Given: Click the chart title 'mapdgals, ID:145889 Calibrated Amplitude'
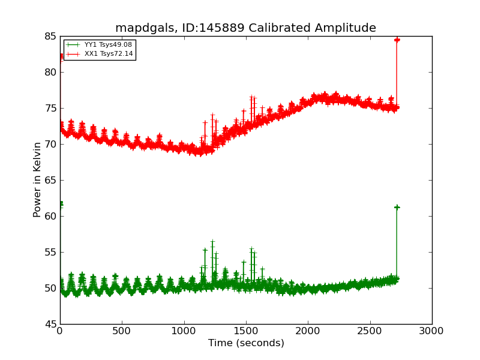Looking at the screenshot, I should pos(245,28).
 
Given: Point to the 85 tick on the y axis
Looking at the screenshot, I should pos(49,36).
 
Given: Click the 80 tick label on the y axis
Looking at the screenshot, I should pos(49,72).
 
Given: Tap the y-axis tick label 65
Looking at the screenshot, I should pos(49,180).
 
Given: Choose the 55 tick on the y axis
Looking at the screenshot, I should pos(49,252).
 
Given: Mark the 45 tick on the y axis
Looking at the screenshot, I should pos(49,324).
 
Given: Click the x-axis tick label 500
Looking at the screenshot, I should pos(122,331).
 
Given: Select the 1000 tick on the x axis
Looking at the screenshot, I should pos(184,331).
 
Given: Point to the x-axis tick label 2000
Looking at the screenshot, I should pos(308,331).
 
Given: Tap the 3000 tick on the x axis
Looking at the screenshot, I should pos(432,331).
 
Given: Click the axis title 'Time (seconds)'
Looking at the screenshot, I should pos(246,343).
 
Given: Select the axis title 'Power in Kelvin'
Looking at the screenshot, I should pos(38,179).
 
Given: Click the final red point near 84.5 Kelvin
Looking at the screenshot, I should pos(397,40).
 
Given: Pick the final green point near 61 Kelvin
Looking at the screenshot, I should pos(397,207).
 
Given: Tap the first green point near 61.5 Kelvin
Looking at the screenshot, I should pos(61,204).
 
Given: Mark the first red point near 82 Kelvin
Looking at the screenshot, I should pos(61,56).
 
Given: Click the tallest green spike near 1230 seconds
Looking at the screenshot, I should pos(212,242).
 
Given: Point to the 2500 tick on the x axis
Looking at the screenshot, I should pos(370,331).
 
